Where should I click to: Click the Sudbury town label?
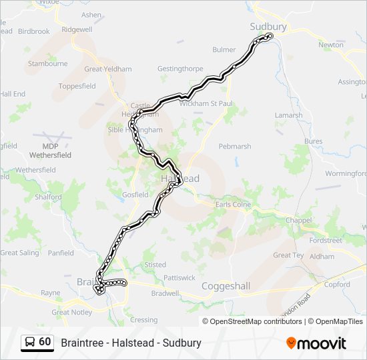(268, 27)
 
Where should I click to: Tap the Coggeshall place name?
(226, 286)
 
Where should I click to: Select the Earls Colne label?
(233, 205)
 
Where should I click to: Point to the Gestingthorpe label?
(179, 69)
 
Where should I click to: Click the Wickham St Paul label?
(206, 103)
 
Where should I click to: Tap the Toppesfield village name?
(77, 86)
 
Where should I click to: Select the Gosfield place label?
(135, 195)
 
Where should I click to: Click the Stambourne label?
(47, 64)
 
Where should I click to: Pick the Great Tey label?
(288, 255)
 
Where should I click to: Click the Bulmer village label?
(224, 50)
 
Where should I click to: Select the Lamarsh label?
(289, 115)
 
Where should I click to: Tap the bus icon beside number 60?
(30, 342)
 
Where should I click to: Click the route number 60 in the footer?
(45, 342)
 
